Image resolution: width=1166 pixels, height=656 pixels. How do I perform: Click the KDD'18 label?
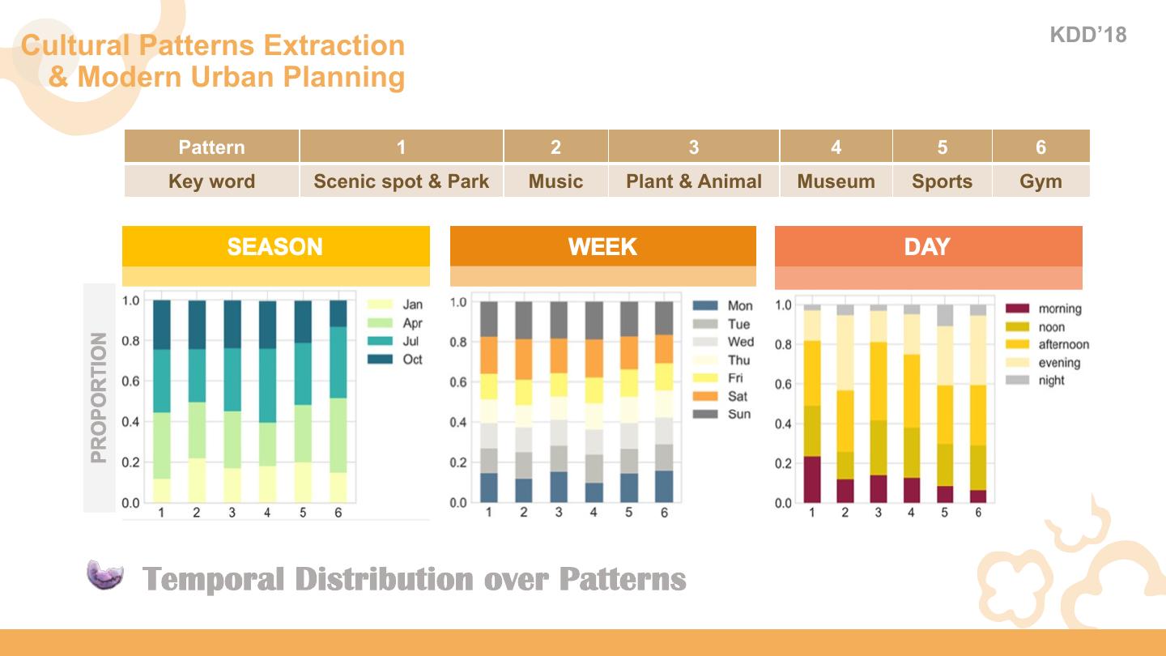click(1087, 35)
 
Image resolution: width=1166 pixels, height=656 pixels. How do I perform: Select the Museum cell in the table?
click(836, 181)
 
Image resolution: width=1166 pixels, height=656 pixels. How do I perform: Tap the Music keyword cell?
click(555, 181)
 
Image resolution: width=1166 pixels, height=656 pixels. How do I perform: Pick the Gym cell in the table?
click(1040, 181)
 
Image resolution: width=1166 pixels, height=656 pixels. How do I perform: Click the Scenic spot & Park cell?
click(401, 181)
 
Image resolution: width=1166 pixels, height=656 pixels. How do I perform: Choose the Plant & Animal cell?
click(693, 181)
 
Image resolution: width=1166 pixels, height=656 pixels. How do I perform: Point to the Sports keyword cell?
click(942, 181)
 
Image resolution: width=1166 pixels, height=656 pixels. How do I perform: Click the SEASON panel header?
click(275, 246)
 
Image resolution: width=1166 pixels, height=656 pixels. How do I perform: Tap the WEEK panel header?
click(602, 246)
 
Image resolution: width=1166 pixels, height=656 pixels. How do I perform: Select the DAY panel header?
click(928, 246)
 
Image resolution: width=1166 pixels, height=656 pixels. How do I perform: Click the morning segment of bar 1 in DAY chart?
click(811, 479)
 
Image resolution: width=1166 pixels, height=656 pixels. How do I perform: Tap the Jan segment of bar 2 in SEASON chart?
click(196, 480)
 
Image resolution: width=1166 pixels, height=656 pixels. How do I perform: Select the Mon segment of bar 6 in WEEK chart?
click(664, 486)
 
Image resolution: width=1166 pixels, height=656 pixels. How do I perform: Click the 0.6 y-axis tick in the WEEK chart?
click(458, 382)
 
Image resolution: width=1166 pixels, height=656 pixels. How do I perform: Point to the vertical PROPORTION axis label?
click(99, 398)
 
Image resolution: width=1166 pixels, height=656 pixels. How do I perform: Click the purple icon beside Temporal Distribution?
click(105, 574)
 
